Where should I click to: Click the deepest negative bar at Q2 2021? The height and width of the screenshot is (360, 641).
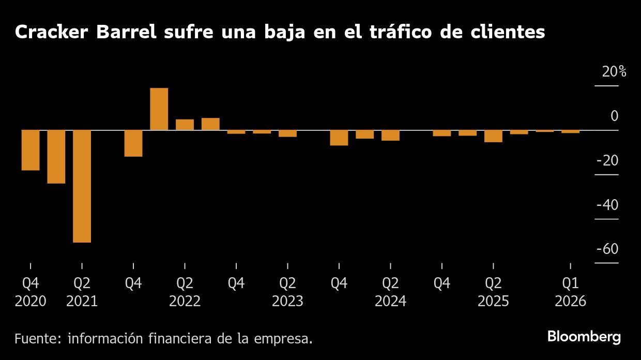[x=82, y=186]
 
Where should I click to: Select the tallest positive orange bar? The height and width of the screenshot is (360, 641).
[x=159, y=109]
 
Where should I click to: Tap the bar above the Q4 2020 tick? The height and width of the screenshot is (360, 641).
[x=30, y=149]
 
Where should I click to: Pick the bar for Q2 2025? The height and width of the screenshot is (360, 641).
[x=493, y=136]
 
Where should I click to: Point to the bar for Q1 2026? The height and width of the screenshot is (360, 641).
[x=570, y=131]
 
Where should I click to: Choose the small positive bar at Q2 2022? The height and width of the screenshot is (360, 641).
[x=185, y=125]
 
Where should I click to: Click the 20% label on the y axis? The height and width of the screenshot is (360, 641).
[x=614, y=72]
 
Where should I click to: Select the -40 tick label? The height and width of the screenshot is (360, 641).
[x=607, y=205]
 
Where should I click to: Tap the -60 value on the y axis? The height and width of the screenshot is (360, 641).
[x=607, y=249]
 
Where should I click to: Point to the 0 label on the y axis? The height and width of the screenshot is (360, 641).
[x=614, y=116]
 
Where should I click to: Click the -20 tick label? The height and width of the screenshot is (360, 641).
[x=607, y=161]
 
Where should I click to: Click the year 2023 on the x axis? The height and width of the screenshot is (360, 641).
[x=287, y=301]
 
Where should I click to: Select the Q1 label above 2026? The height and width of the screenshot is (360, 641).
[x=570, y=283]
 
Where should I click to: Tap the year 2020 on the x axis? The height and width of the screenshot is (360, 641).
[x=30, y=301]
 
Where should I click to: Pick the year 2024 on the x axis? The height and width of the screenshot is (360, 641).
[x=390, y=301]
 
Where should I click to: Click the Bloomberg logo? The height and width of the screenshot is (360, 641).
[x=584, y=337]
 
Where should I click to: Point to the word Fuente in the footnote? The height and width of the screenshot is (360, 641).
[x=36, y=339]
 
